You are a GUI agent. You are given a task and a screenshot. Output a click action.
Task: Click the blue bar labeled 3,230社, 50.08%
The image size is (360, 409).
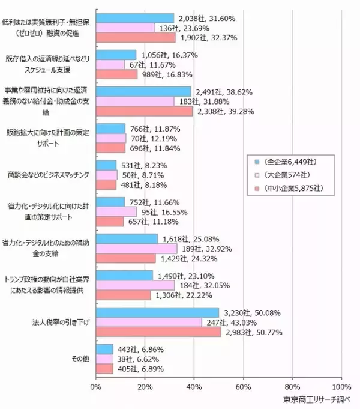tap(157, 313)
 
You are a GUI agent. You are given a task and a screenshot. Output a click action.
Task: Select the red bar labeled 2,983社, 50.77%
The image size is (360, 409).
tap(158, 332)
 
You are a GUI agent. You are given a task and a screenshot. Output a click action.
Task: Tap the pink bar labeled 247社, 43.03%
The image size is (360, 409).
tap(148, 323)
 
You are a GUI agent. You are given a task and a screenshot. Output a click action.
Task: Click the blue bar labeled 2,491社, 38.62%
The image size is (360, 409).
tap(143, 92)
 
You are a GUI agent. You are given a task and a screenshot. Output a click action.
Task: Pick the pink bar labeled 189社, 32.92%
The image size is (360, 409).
tap(136, 249)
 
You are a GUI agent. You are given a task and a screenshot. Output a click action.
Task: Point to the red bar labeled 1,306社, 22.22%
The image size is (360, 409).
tap(123, 295)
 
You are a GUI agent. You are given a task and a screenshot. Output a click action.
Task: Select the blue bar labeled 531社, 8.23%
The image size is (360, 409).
tap(106, 165)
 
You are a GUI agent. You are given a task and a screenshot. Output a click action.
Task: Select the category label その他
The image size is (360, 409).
tap(80, 359)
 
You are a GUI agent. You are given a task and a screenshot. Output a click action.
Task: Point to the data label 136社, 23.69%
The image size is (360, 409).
tap(182, 28)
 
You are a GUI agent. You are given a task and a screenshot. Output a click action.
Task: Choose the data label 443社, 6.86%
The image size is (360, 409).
tap(140, 350)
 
